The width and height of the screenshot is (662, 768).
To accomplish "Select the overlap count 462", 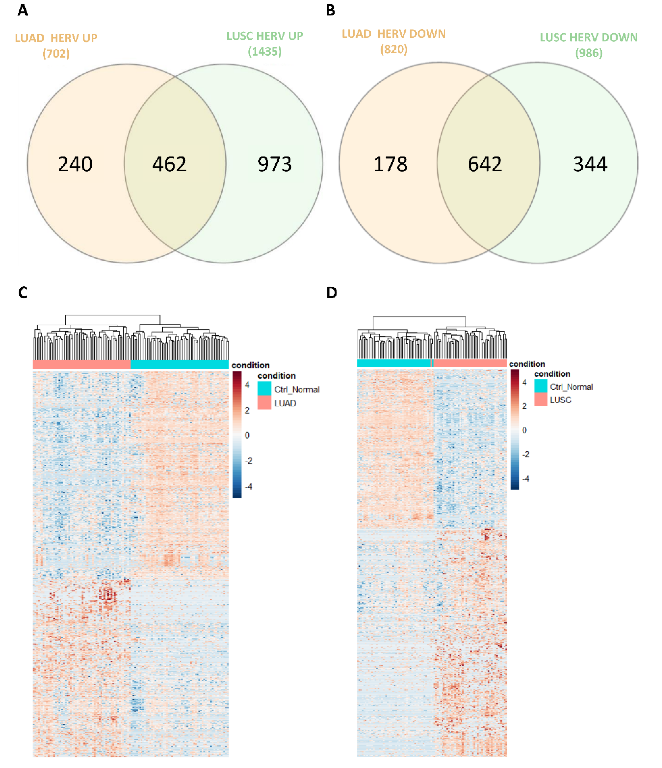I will (169, 164).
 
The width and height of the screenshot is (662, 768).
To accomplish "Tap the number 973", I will (275, 164).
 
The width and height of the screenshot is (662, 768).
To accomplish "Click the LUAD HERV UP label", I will (56, 38).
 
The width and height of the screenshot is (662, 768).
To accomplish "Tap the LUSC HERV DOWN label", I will (589, 37).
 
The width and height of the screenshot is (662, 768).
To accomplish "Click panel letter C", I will (23, 293).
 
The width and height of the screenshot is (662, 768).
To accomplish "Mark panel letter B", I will (331, 10).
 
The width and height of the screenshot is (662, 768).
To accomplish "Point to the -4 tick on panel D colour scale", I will (525, 478).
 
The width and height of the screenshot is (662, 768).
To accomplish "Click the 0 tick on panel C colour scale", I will (247, 435).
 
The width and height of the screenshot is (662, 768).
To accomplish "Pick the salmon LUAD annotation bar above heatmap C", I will (82, 364).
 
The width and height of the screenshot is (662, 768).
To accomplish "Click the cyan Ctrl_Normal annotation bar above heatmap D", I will (393, 363).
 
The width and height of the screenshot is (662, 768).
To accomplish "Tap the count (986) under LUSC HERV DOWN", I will (589, 53).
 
